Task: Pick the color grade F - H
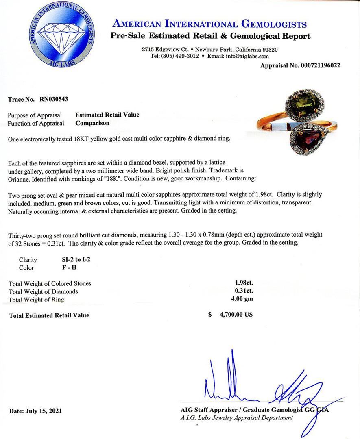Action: pyautogui.click(x=63, y=268)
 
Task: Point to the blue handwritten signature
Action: pyautogui.click(x=260, y=382)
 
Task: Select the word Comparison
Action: pyautogui.click(x=92, y=123)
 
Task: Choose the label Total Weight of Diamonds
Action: pyautogui.click(x=43, y=291)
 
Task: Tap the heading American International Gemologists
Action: pyautogui.click(x=209, y=24)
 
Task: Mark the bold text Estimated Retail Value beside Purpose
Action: pyautogui.click(x=107, y=115)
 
